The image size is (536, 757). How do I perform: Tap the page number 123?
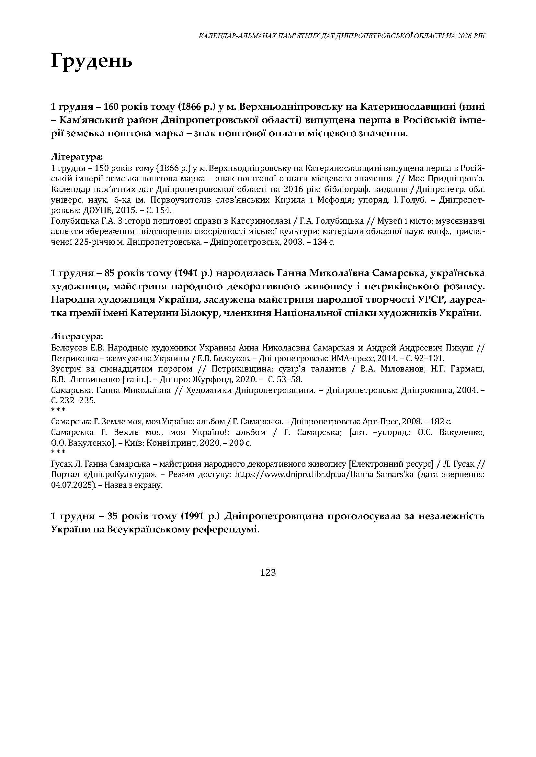click(x=268, y=573)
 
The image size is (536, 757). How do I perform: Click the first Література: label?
click(x=77, y=157)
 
